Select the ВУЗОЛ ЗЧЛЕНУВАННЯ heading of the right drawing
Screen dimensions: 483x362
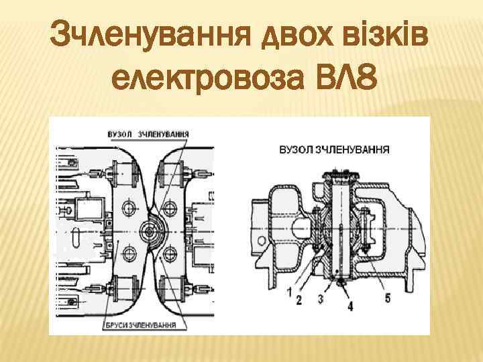[x=334, y=149]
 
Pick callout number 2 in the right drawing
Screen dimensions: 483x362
[x=300, y=298]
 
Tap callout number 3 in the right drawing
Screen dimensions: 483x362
[x=322, y=298]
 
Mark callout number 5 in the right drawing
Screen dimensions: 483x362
[x=387, y=298]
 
